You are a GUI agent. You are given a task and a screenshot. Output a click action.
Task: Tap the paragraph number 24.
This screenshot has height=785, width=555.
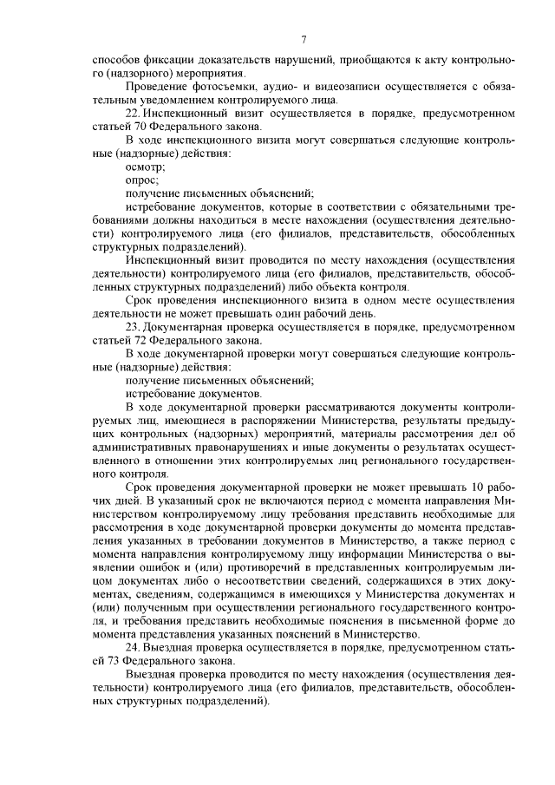point(133,648)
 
